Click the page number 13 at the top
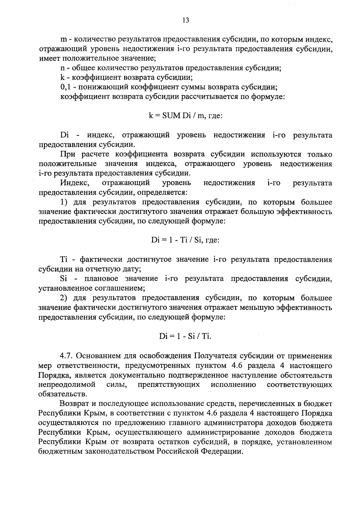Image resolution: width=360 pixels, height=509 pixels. (x=185, y=20)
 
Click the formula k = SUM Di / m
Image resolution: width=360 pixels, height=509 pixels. (x=185, y=116)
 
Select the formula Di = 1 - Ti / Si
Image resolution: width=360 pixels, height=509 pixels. (x=185, y=240)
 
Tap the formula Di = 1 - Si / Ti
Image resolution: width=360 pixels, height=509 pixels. (x=185, y=336)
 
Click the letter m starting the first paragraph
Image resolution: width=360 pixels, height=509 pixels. (x=63, y=39)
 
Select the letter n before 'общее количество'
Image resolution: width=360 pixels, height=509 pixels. (x=62, y=68)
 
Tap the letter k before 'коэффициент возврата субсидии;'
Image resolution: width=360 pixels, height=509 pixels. (x=62, y=78)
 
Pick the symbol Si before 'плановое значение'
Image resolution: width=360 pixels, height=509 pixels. (x=63, y=279)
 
